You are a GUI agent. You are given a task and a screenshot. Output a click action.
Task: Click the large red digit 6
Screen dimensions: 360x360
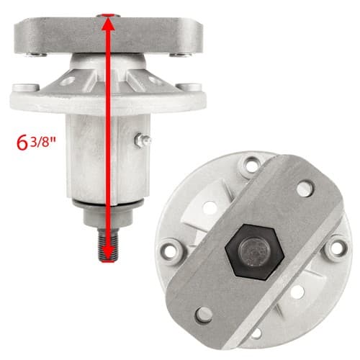tap(22, 143)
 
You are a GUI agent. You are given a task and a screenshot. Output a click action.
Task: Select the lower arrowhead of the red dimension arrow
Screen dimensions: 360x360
tap(108, 254)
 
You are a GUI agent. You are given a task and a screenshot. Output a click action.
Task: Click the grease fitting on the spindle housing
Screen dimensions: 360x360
tap(143, 140)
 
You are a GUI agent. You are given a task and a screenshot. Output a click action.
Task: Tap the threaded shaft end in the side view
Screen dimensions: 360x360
tap(108, 245)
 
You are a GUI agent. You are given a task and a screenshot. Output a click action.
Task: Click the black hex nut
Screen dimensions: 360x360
tap(255, 252)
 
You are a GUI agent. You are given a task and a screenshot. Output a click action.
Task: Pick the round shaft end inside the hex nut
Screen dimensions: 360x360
tap(254, 251)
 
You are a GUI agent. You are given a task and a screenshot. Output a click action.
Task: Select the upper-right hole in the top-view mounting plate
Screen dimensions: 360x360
tap(305, 189)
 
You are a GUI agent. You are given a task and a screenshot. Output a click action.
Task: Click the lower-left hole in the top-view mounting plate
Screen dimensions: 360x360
tap(204, 315)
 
